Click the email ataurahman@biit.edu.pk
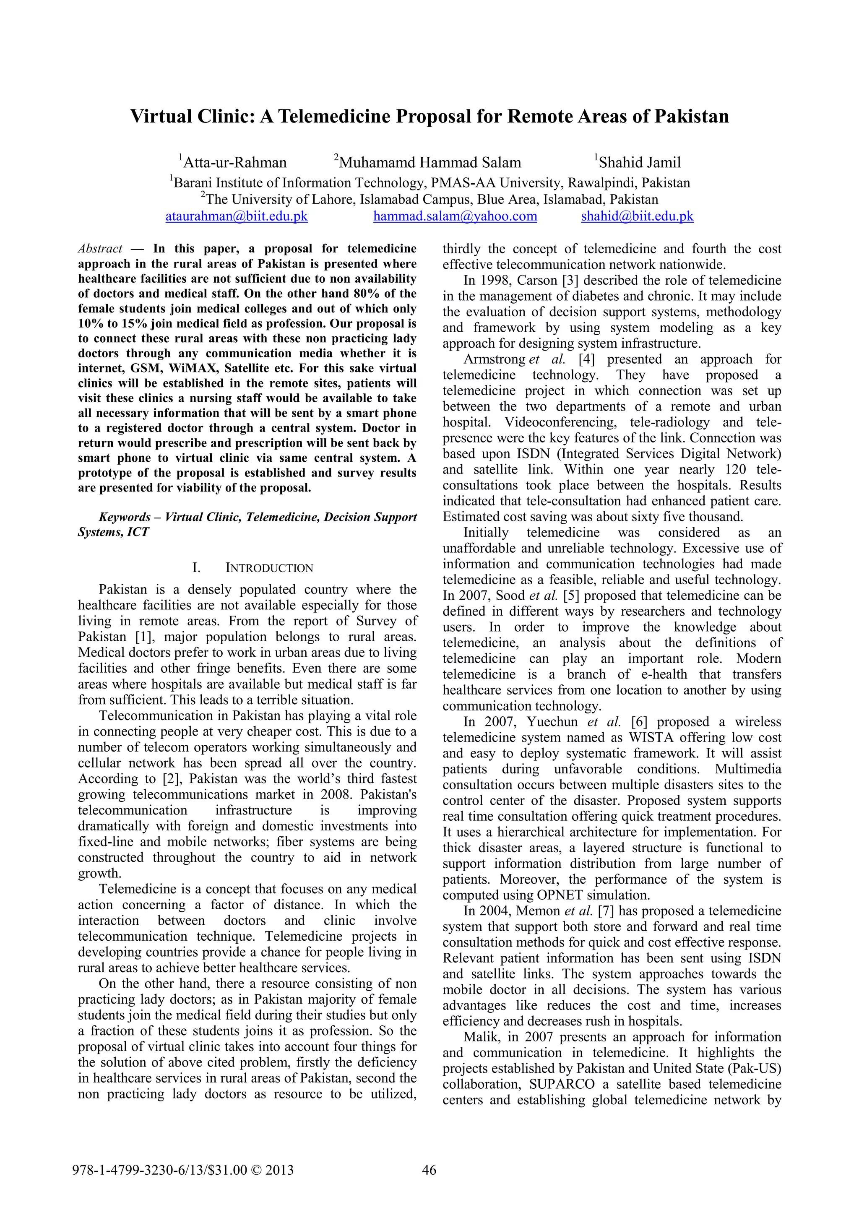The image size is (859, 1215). point(236,216)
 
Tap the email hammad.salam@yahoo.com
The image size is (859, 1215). point(455,216)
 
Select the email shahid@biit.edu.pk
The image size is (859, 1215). point(637,216)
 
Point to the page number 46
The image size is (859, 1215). point(429,1170)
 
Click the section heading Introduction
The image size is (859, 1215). point(269,568)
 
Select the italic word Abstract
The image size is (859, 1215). point(100,249)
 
